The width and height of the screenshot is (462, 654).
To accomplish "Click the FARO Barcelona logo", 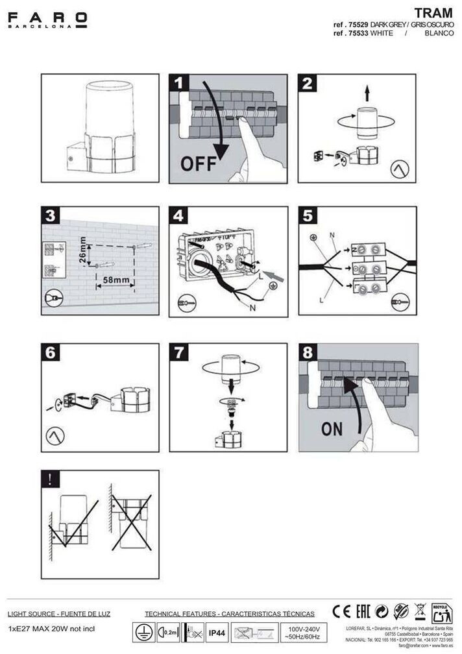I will click(47, 20).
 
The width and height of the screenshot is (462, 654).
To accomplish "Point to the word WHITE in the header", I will click(381, 32).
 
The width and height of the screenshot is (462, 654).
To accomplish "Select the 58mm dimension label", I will click(115, 280).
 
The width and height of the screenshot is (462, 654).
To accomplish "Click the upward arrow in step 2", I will click(367, 93).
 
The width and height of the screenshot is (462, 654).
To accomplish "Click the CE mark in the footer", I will click(341, 611).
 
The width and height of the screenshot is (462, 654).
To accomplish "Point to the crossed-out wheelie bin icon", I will click(420, 611).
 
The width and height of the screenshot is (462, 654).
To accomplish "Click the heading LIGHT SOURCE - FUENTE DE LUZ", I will click(59, 613).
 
